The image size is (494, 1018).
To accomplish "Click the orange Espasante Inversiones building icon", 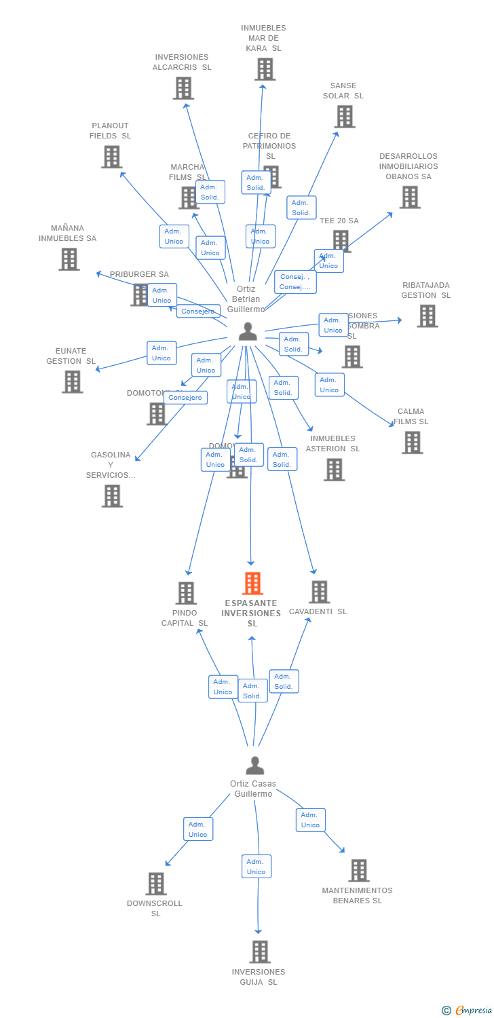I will (252, 584).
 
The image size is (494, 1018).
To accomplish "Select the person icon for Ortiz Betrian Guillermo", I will (248, 332).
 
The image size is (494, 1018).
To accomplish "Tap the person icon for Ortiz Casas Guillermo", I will (255, 766).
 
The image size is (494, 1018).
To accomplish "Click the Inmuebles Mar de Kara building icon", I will (265, 69).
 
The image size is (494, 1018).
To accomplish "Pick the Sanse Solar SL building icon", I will (344, 117).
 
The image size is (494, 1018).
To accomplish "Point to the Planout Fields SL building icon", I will (111, 157).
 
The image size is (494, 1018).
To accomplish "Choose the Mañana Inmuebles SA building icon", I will (69, 259).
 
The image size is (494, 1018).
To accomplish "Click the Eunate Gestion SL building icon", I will (72, 381).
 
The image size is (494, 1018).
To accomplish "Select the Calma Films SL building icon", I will (412, 442).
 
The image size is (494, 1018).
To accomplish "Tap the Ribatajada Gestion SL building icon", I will (427, 316).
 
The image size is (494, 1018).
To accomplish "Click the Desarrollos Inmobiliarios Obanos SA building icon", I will (409, 197).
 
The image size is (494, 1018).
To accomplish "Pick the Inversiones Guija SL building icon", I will (260, 951).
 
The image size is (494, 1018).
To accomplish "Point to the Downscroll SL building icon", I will (156, 884).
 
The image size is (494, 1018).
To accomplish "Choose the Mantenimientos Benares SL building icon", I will (358, 871).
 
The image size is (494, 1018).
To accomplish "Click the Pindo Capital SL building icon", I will (186, 592).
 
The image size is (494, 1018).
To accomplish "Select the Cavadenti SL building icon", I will (319, 592).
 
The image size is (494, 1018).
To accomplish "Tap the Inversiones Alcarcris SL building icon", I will (183, 88).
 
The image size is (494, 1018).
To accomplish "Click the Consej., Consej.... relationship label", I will (295, 282).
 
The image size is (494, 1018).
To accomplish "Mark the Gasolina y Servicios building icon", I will (112, 496).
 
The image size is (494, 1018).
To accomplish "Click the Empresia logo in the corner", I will (467, 1011).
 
